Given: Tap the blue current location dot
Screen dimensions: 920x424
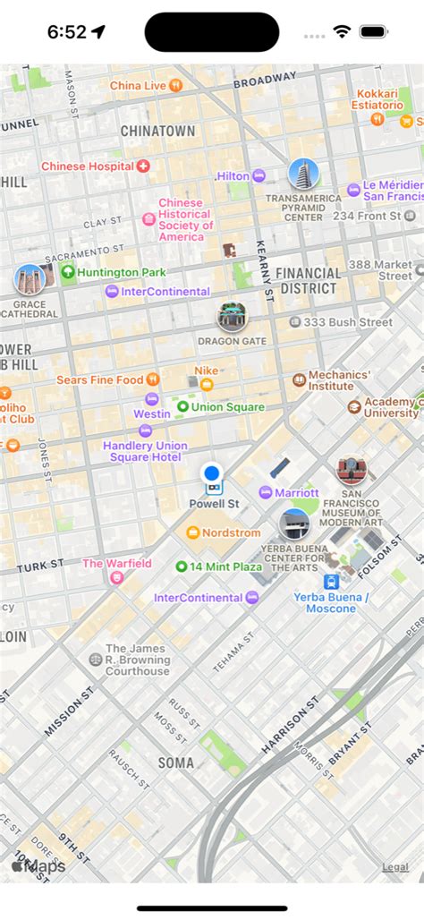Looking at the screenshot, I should click(212, 473).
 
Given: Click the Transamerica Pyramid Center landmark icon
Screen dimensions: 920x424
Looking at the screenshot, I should click(303, 175).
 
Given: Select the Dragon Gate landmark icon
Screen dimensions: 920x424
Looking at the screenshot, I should click(232, 317).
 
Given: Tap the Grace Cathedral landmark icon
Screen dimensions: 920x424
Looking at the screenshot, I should click(30, 280).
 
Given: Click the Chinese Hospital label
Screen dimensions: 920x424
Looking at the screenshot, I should click(88, 166).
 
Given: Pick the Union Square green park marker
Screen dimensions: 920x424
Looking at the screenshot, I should click(182, 407).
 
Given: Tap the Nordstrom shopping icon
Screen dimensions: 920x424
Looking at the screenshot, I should click(192, 532).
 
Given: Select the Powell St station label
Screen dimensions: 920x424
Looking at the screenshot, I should click(214, 504).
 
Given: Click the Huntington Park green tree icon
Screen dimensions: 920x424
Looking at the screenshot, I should click(67, 272).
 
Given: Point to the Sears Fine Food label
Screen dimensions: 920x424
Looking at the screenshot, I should click(99, 379).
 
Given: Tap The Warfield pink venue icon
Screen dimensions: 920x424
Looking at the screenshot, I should click(116, 578).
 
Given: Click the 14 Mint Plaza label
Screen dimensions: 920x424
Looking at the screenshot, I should click(225, 566).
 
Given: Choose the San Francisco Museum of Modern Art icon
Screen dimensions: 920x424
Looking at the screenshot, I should click(352, 470).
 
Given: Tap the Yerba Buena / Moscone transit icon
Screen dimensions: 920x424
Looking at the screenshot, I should click(331, 580).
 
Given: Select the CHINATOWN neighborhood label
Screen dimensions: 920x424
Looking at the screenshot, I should click(157, 131).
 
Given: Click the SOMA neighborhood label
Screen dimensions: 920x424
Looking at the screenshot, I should click(175, 762).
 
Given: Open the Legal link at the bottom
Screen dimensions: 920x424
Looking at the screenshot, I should click(395, 866).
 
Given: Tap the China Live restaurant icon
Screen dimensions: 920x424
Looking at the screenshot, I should click(176, 85).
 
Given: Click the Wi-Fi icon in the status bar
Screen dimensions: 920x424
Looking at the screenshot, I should click(341, 31).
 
